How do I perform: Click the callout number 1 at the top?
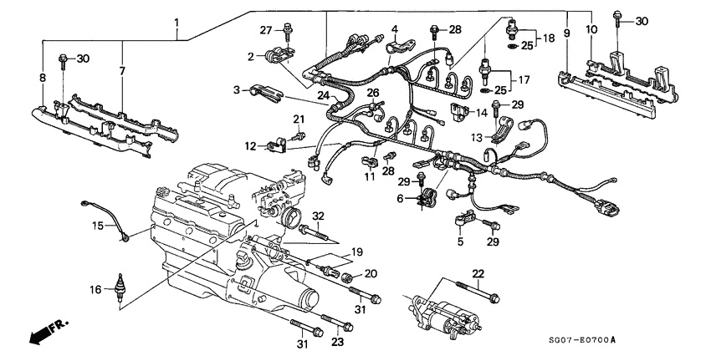click(176, 21)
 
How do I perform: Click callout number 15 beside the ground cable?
click(97, 226)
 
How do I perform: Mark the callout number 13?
click(475, 137)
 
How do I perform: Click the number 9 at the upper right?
click(566, 33)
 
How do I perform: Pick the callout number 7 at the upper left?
click(123, 72)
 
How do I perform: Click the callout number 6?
click(402, 197)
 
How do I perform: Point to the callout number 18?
click(550, 38)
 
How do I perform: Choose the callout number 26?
click(373, 92)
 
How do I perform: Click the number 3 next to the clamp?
click(238, 89)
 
